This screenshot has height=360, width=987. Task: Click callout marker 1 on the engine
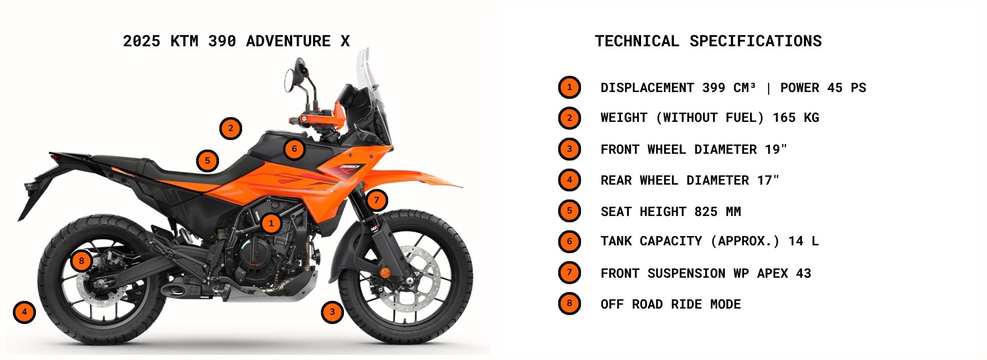point(271,223)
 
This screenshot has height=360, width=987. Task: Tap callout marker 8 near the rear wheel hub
point(81,261)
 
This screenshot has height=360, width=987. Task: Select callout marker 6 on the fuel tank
point(294,149)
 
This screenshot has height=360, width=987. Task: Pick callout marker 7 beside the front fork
point(377,200)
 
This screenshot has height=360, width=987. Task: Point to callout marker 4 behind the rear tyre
point(24,312)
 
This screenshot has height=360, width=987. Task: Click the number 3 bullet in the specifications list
point(569,149)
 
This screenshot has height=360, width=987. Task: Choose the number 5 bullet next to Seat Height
point(569,211)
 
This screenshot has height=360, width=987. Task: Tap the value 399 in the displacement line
point(714,88)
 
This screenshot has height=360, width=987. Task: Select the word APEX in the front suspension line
point(772,274)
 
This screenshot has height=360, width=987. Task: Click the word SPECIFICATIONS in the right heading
point(755,41)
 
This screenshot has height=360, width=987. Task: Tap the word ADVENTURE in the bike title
point(288,41)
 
